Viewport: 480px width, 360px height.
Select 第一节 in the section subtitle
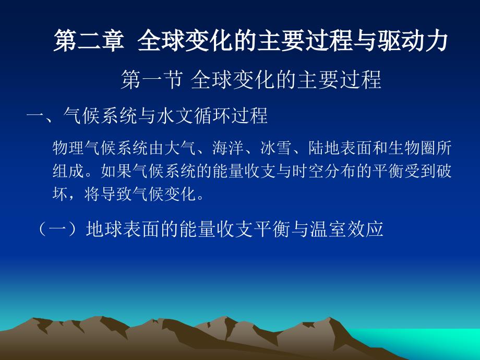tap(152, 80)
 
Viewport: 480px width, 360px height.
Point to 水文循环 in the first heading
tap(194, 116)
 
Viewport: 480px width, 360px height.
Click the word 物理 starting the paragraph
tap(68, 148)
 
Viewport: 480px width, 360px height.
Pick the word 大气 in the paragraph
tap(180, 148)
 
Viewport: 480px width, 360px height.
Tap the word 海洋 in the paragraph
tap(228, 148)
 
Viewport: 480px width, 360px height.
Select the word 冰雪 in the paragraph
tap(276, 148)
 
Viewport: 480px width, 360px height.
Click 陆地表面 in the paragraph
tap(340, 148)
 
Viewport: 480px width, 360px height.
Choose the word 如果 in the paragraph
tap(116, 171)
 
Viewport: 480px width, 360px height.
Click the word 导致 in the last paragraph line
tap(116, 194)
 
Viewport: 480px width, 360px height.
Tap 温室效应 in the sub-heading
tap(346, 229)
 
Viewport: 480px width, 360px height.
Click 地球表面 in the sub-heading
tap(123, 229)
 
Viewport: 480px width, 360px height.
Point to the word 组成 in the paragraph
tap(68, 171)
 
